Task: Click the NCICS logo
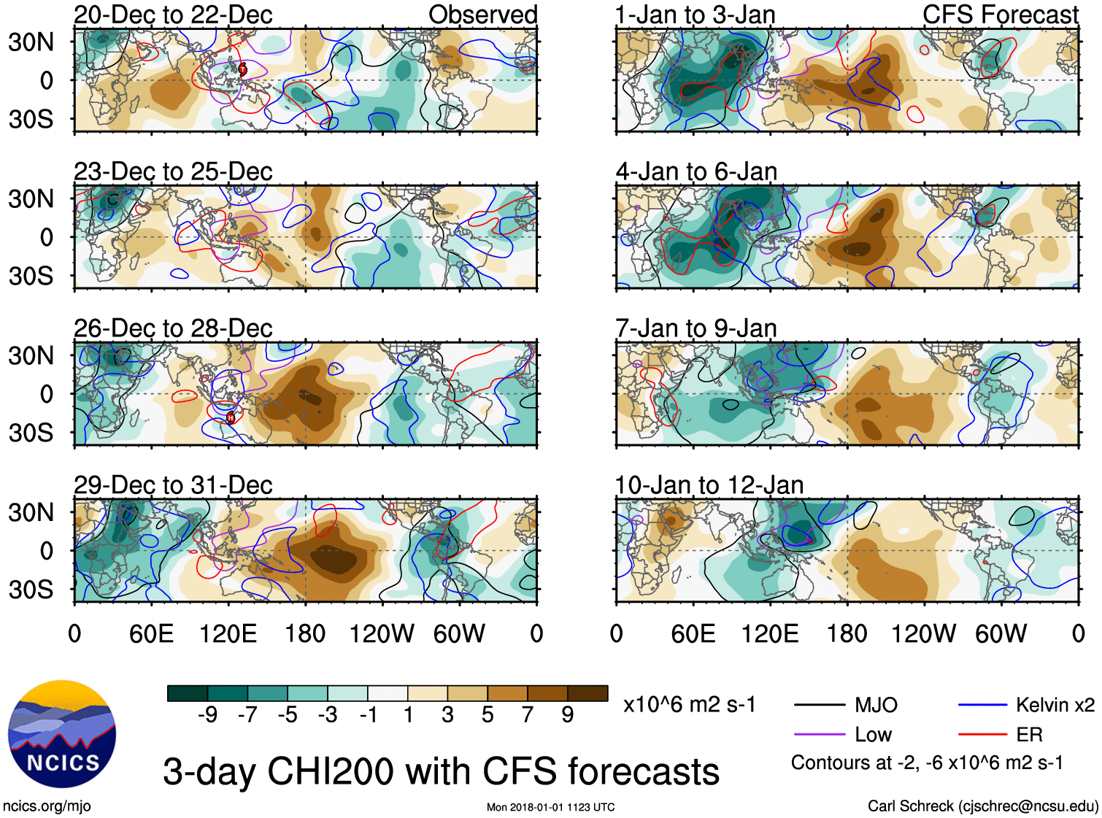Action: (x=62, y=733)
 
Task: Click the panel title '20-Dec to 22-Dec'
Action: (x=173, y=15)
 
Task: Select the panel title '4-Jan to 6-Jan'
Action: (x=696, y=171)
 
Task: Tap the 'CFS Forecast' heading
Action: (x=1000, y=15)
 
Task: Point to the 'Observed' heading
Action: (x=482, y=15)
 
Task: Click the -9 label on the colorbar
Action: (x=208, y=715)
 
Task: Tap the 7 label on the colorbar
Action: (x=528, y=715)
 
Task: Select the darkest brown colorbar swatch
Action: (x=587, y=693)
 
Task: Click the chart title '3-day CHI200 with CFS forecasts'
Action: (x=441, y=771)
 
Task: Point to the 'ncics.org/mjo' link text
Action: (x=47, y=806)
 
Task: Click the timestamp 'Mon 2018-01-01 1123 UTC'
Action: (x=550, y=807)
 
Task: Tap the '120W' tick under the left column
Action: (x=382, y=633)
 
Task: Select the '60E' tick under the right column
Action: (x=693, y=633)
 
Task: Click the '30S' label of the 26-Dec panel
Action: (x=31, y=433)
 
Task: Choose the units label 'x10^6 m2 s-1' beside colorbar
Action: (x=689, y=705)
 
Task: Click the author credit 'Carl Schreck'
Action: (x=910, y=806)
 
